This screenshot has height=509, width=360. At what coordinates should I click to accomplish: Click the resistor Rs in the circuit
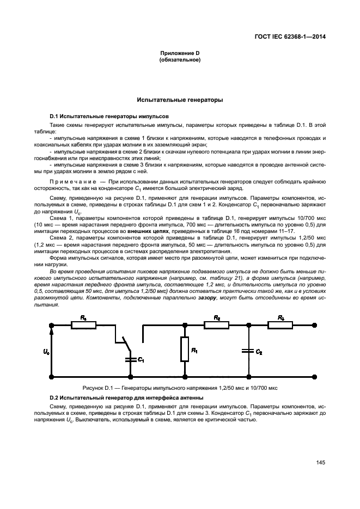(x=84, y=325)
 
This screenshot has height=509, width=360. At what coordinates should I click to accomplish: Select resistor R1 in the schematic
(x=185, y=349)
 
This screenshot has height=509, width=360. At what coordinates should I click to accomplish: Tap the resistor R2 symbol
(x=217, y=325)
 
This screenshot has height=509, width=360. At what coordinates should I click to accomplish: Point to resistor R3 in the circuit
(x=280, y=325)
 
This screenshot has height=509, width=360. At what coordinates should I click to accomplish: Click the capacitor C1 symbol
(x=131, y=359)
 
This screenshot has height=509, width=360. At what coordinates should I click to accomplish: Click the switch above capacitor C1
(x=125, y=343)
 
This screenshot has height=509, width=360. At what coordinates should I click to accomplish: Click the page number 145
(x=320, y=462)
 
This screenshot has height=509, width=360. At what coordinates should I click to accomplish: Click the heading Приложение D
(x=180, y=53)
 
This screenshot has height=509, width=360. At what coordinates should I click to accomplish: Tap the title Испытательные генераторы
(x=180, y=100)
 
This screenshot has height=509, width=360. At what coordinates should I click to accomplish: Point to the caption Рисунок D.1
(x=180, y=388)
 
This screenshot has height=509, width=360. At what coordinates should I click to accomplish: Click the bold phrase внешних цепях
(x=144, y=231)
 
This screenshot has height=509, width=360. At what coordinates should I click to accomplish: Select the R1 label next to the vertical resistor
(x=194, y=350)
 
